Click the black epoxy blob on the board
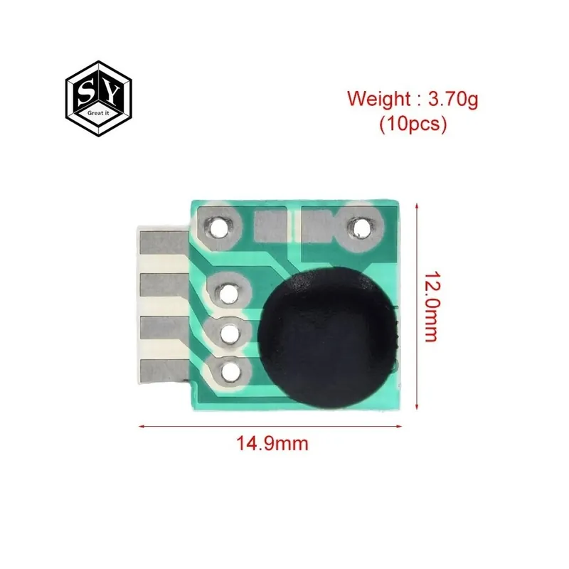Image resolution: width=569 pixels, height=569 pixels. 328,337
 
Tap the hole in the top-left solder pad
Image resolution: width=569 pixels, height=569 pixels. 218,228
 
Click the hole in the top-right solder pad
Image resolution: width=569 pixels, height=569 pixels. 359,228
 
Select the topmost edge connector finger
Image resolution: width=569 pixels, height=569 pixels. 164,243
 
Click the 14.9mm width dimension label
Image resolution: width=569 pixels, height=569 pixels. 272,443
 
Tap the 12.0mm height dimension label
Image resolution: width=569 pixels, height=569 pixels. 432,307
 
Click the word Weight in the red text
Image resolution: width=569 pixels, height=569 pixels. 378,99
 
